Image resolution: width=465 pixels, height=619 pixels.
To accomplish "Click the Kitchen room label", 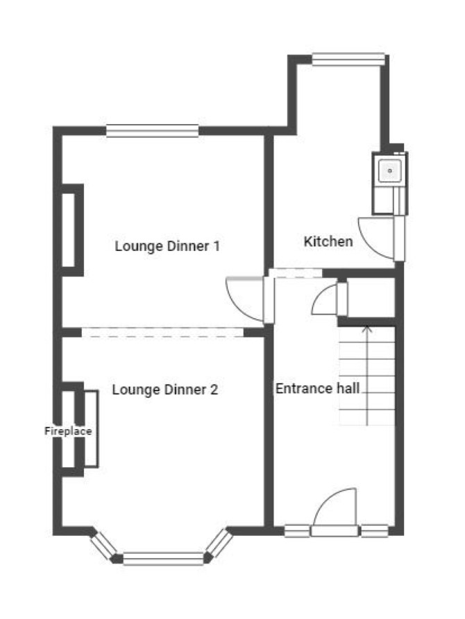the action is (328, 241).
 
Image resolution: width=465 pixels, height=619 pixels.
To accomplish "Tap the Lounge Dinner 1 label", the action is (167, 246).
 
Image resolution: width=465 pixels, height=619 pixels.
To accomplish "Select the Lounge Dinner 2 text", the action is (165, 390).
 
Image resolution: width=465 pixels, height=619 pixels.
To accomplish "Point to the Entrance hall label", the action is (317, 388).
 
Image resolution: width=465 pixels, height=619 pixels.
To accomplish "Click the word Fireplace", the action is (68, 430).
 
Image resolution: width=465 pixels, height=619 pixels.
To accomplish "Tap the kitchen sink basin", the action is (390, 171).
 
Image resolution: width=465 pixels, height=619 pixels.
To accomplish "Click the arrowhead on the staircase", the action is (368, 329).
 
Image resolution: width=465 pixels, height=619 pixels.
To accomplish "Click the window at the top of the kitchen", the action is (348, 59).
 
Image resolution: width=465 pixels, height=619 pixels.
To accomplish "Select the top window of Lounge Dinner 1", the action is (152, 131).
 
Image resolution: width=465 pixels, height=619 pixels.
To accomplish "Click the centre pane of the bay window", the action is (163, 559).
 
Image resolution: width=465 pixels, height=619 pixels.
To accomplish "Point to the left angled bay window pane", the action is (103, 546).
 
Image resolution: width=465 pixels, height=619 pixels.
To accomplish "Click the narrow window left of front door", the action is (297, 531).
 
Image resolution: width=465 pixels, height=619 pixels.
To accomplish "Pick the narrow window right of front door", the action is (375, 531).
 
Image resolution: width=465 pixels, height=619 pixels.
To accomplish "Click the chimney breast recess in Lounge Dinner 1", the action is (69, 229).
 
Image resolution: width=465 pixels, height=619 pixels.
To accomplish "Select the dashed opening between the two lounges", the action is (162, 333).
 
